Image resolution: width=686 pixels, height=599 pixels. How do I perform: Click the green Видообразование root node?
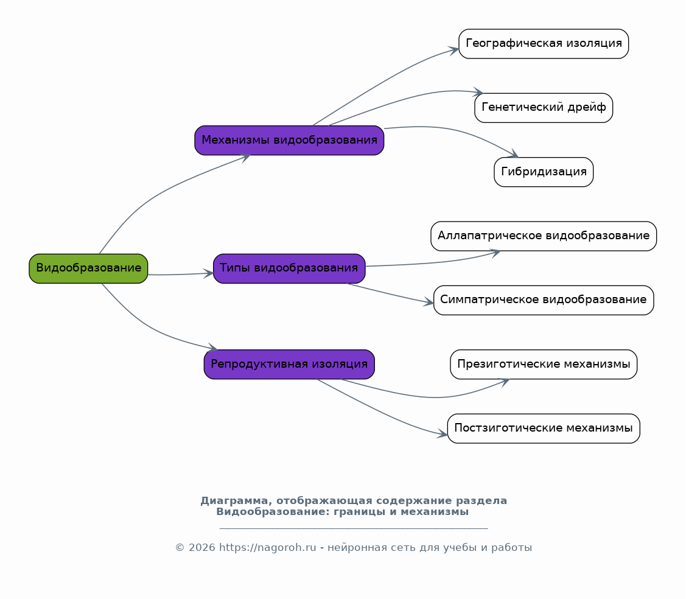point(88,268)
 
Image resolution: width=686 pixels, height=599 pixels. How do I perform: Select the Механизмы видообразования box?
point(289,141)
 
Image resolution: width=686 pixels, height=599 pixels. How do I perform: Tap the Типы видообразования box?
point(289,268)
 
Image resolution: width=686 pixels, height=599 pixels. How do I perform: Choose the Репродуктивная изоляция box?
point(289,365)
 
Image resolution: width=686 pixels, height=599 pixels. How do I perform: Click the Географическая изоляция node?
point(544,44)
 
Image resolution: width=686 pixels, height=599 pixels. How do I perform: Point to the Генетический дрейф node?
point(544,108)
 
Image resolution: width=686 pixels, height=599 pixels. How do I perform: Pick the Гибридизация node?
point(544,172)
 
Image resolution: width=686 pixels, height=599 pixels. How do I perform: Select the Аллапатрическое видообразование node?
point(544,236)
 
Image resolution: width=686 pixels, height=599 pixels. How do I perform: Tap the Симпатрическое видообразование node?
point(544,301)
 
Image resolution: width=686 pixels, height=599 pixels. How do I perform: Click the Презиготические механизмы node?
point(544,365)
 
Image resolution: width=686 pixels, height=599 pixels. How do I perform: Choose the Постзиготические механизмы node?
point(544,429)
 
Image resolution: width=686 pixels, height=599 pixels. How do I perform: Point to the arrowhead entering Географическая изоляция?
point(453,51)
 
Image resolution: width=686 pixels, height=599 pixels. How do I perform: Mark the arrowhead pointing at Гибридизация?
point(513,153)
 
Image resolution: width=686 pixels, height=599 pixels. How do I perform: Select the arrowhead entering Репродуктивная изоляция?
point(212,348)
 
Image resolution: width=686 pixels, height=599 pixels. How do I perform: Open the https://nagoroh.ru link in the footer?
point(267,548)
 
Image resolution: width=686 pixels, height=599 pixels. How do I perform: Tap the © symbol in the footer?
point(180,548)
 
